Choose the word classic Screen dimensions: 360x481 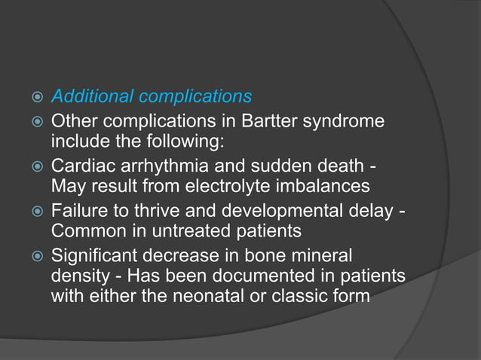[305, 295]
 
